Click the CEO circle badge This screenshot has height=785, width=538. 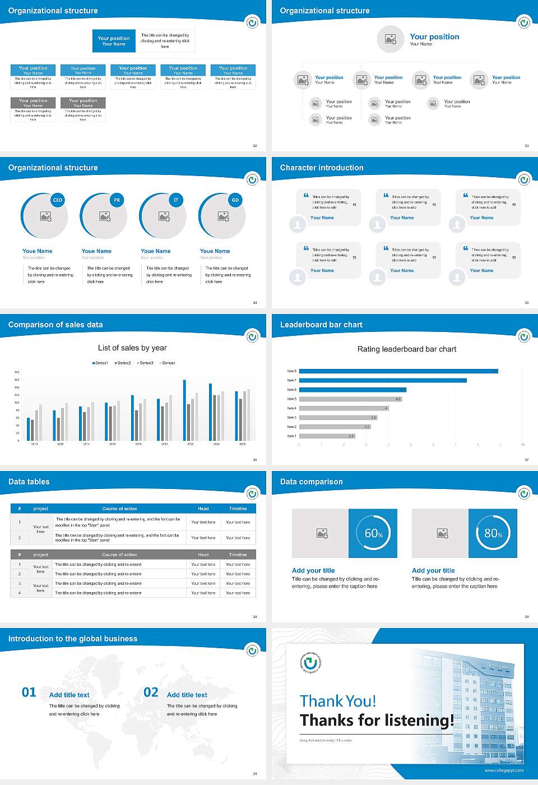pos(58,200)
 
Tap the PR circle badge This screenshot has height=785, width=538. pos(117,200)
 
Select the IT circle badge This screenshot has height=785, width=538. pos(176,200)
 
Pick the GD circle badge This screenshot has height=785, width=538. pos(235,200)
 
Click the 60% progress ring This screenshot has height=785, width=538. pos(373,533)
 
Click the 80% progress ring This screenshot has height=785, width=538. pos(493,533)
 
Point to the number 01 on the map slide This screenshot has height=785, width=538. pos(29,692)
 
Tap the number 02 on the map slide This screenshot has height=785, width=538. pos(151,692)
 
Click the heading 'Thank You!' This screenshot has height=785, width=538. pos(338,701)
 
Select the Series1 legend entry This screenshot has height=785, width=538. pos(100,363)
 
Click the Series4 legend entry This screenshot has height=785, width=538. pos(168,363)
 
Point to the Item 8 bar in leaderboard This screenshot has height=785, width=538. pos(398,371)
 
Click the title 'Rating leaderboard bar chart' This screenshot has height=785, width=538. pos(407,349)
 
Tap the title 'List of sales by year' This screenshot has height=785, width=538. pos(132,348)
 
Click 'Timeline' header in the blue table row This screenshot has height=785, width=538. pos(238,509)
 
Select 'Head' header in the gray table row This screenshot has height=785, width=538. pos(203,555)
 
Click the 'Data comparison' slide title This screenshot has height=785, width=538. pos(312,482)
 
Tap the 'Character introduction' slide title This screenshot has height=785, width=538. pos(322,168)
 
